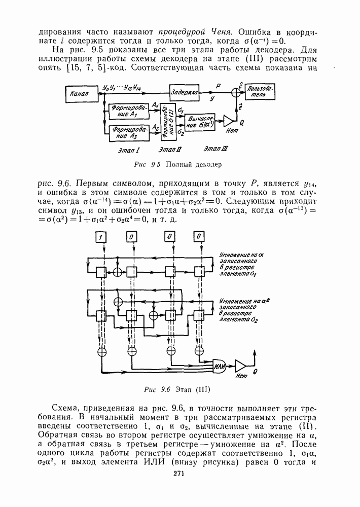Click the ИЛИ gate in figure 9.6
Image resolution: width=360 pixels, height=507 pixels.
tap(220, 367)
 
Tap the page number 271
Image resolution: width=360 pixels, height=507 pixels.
tap(178, 474)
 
